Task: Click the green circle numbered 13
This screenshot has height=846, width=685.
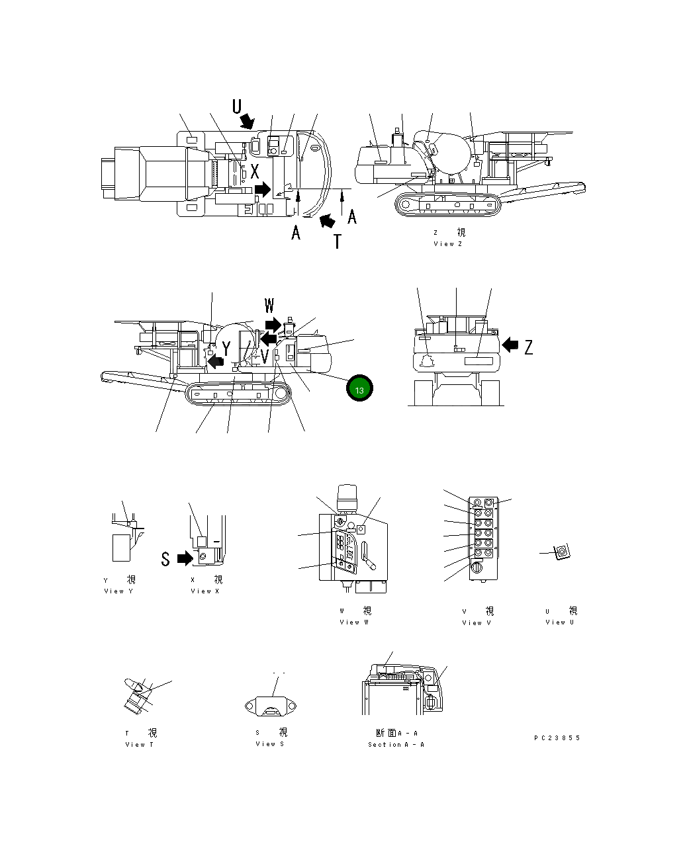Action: [x=359, y=390]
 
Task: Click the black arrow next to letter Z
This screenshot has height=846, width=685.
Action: [x=510, y=345]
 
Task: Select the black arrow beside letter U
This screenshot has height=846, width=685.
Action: [x=248, y=120]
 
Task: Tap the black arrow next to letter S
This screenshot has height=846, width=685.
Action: [x=185, y=559]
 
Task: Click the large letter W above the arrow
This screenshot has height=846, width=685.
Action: [x=269, y=306]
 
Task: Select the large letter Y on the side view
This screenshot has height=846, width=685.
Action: [x=226, y=349]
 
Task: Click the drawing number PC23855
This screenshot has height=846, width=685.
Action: [x=557, y=738]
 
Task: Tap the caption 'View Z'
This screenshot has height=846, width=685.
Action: [x=448, y=244]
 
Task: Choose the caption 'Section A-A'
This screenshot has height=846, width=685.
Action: [x=396, y=745]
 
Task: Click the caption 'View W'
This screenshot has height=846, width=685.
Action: [x=354, y=622]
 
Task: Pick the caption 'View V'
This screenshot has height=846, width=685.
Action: [x=477, y=623]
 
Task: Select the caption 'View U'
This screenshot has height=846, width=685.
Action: [x=559, y=622]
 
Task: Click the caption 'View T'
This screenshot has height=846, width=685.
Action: [x=140, y=745]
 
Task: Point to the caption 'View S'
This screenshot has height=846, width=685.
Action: [x=269, y=744]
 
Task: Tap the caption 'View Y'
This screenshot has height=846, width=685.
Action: [x=118, y=591]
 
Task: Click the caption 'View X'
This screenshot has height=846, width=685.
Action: [x=205, y=591]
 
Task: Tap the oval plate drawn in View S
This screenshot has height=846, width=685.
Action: [x=269, y=706]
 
